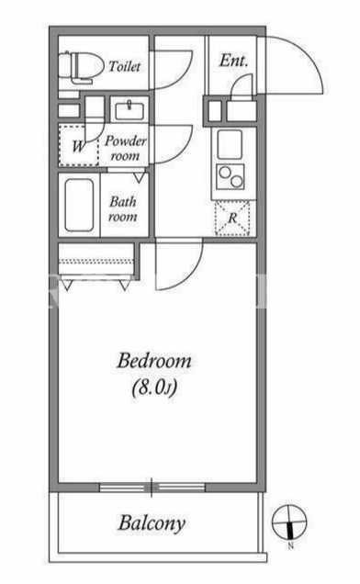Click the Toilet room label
tap(125, 67)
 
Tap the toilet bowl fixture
tap(81, 66)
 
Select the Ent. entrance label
tap(233, 61)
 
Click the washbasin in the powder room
tap(129, 111)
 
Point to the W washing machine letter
tap(78, 146)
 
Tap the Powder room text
tap(125, 148)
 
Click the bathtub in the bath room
tap(79, 205)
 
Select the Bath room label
tap(123, 209)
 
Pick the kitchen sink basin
tap(230, 144)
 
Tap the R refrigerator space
tap(232, 219)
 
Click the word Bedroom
tap(154, 361)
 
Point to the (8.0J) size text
tap(154, 388)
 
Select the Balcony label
tap(152, 523)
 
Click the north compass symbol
tap(289, 522)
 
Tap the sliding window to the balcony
tap(152, 488)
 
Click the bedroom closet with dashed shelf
tap(96, 261)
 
